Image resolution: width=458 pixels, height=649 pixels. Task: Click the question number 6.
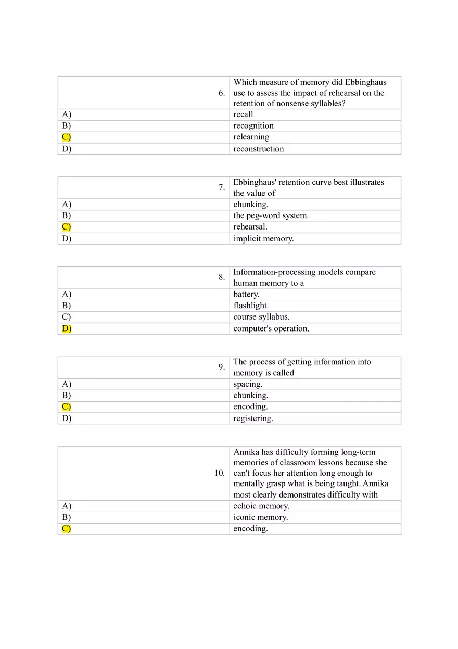(222, 93)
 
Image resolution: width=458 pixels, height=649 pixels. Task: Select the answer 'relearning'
(251, 137)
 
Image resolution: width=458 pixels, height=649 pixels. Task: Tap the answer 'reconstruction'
(259, 149)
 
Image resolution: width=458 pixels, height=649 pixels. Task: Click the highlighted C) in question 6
(66, 137)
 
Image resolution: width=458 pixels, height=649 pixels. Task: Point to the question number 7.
(222, 188)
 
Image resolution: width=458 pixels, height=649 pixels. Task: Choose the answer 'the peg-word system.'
(271, 215)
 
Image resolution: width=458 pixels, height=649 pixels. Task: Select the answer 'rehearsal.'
(250, 227)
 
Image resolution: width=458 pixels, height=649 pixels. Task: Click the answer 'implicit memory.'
(263, 239)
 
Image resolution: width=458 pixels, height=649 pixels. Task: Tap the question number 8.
(222, 277)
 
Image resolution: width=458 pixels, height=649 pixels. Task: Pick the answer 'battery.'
(246, 295)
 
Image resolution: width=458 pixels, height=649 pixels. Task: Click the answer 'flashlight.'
(251, 306)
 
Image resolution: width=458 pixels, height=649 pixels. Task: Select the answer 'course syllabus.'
(261, 317)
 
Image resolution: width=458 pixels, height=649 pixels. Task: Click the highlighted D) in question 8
(67, 328)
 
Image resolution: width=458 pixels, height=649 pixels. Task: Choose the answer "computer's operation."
(271, 328)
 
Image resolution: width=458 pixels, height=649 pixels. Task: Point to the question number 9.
(222, 367)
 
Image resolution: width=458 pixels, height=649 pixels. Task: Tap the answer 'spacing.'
(248, 384)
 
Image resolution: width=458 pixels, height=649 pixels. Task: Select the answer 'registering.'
(253, 418)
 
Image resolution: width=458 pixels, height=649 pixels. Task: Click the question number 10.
(220, 473)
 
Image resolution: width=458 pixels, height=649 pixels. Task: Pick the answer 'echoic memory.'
(261, 506)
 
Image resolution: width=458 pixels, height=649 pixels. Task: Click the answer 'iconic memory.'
(260, 517)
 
